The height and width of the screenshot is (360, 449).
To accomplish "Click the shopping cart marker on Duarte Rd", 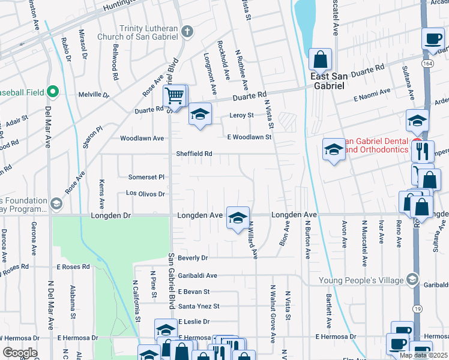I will [x=174, y=95].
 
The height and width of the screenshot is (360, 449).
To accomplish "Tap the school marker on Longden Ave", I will [x=238, y=217].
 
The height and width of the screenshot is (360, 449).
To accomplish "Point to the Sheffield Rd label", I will [x=194, y=154].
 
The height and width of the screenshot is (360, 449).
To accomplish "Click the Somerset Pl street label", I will [x=146, y=177].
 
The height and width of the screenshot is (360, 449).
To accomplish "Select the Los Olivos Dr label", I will [x=145, y=194].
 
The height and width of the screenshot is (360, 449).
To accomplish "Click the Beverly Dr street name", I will [x=193, y=257].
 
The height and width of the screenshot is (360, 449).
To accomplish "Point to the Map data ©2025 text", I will [x=423, y=355].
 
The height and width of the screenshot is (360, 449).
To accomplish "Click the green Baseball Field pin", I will [x=53, y=92].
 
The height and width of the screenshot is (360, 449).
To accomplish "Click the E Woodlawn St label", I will [x=249, y=137].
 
